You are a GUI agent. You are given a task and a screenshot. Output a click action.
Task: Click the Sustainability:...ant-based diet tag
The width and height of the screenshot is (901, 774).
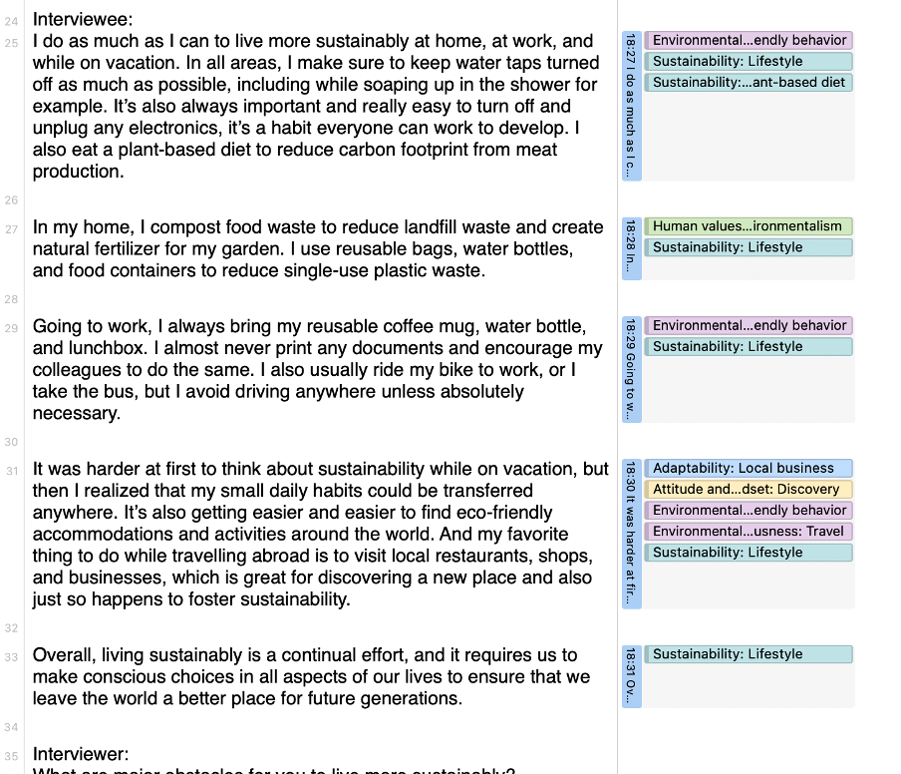click(749, 82)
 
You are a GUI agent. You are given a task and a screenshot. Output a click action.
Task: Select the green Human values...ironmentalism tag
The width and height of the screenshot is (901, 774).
click(749, 226)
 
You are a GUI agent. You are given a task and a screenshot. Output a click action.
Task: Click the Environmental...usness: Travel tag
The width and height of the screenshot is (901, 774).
click(749, 532)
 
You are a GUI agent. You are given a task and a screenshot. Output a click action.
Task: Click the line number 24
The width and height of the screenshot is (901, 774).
click(11, 20)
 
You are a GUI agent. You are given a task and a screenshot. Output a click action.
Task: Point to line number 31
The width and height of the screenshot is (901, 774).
click(11, 470)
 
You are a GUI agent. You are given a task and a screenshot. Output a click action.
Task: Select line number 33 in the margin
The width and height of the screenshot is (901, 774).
click(11, 656)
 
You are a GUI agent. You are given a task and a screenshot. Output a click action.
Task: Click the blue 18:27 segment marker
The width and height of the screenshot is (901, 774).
click(631, 105)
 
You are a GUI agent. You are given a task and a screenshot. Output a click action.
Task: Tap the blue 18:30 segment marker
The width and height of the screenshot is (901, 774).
click(631, 533)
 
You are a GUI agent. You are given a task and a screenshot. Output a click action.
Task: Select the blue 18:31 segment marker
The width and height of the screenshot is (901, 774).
click(631, 675)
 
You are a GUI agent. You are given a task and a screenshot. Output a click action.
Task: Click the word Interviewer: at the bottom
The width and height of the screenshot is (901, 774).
click(81, 754)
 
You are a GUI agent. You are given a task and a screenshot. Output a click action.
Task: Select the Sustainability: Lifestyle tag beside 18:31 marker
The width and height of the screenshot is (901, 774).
click(749, 654)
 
